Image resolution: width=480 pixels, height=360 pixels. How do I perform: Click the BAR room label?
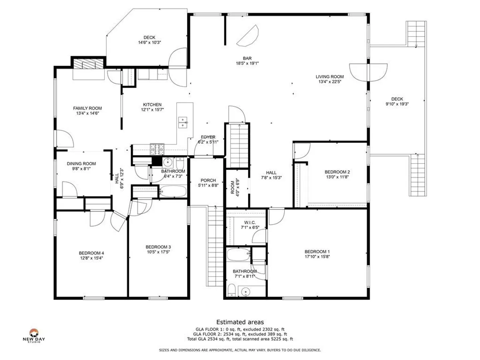(x=247, y=58)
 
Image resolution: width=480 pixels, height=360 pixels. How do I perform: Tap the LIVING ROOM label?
(x=329, y=77)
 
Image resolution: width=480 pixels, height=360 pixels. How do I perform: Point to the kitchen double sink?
(x=182, y=122)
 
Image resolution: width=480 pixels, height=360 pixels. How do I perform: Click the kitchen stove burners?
(x=157, y=149)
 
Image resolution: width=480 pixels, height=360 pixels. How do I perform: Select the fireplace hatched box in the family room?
(x=88, y=64)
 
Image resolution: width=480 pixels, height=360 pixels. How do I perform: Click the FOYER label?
(x=208, y=137)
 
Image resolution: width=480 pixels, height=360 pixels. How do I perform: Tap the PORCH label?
(x=208, y=180)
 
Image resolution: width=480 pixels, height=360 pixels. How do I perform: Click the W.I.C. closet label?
(x=250, y=223)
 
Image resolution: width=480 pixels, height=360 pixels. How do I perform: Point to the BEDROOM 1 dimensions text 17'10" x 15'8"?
(x=317, y=257)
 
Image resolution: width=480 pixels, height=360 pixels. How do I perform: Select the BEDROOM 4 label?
(x=91, y=253)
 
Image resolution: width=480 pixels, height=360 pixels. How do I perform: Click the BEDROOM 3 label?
(x=158, y=247)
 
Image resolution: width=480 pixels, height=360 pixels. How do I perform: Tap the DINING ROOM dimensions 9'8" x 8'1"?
(x=81, y=169)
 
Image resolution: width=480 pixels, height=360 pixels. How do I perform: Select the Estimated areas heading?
(x=240, y=322)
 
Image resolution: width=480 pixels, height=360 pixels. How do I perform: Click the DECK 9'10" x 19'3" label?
(x=397, y=101)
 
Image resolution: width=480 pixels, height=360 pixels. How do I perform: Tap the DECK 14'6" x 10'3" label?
(x=149, y=40)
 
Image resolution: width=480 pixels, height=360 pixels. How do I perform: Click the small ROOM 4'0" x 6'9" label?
(x=235, y=188)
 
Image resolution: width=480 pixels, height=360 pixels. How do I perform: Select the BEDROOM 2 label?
(x=337, y=172)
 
